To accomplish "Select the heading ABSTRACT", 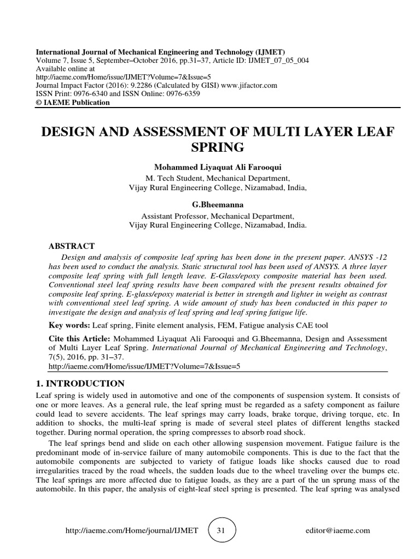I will pos(72,246).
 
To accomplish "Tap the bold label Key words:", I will pos(70,325).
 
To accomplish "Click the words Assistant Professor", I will pos(173,216).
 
